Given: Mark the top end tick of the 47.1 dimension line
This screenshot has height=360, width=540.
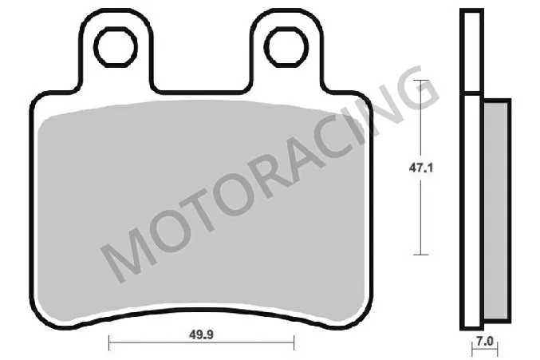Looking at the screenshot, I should [422, 81].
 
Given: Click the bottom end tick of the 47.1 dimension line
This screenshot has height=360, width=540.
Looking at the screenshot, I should [422, 254].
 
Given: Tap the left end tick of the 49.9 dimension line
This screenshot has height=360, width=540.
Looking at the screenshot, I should [108, 345].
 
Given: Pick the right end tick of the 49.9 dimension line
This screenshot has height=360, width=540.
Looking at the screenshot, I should [295, 345].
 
